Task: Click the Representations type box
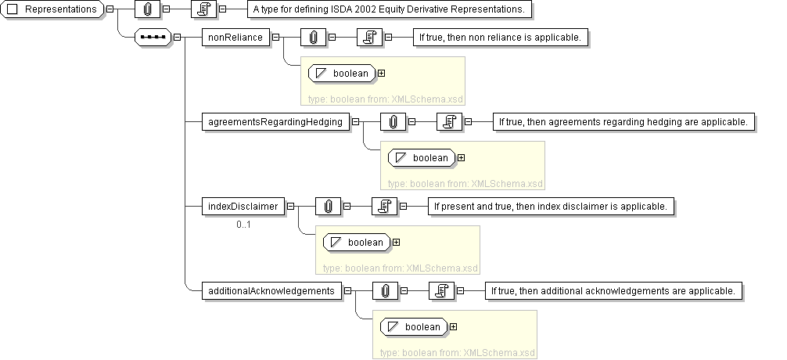pos(53,9)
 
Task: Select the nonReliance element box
pos(235,37)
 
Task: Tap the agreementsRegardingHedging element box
pos(275,121)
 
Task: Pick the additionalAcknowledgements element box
pos(271,290)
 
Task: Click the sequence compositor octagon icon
pos(153,37)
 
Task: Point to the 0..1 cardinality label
pos(243,225)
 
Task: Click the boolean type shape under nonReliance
pos(342,74)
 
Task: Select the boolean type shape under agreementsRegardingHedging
pos(422,158)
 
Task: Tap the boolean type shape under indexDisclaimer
pos(357,243)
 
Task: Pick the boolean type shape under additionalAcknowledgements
pos(414,327)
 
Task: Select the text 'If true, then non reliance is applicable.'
pos(501,37)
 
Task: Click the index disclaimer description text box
pos(551,206)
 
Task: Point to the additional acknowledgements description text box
pos(613,290)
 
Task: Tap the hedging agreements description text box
pos(623,121)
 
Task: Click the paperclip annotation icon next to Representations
pos(148,9)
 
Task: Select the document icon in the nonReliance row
pos(368,37)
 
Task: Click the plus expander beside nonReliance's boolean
pos(382,74)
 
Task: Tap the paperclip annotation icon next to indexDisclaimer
pos(328,206)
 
